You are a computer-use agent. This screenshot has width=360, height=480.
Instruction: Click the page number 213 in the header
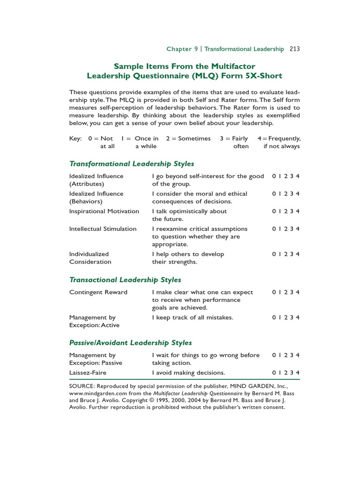coord(294,49)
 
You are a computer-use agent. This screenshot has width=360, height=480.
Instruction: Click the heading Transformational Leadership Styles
coord(131,164)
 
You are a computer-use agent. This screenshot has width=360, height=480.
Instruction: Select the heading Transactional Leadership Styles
coord(125,280)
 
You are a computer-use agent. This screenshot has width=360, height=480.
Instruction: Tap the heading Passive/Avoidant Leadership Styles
coord(130,343)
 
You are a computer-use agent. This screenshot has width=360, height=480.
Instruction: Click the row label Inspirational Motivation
coord(104,211)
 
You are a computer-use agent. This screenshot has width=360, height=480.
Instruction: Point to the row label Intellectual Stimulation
coord(103,229)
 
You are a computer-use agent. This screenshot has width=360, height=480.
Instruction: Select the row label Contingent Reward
coord(98,292)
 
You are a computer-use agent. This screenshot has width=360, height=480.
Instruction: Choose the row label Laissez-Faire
coord(88,373)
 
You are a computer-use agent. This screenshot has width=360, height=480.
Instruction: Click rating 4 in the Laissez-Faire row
coord(298,373)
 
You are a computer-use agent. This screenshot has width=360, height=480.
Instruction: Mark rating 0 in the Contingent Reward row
coord(274,292)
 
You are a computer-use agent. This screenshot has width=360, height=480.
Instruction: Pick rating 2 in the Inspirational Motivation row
coord(286,211)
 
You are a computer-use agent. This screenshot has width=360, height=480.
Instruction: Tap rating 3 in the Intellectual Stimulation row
coord(292,229)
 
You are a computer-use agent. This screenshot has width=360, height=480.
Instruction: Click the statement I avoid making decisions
coord(188,373)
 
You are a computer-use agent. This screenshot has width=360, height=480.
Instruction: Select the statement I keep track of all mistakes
coord(192,317)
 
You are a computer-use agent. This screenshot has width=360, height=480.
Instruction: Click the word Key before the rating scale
coord(75,139)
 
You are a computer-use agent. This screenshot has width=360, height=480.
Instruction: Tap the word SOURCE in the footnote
coord(82,386)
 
